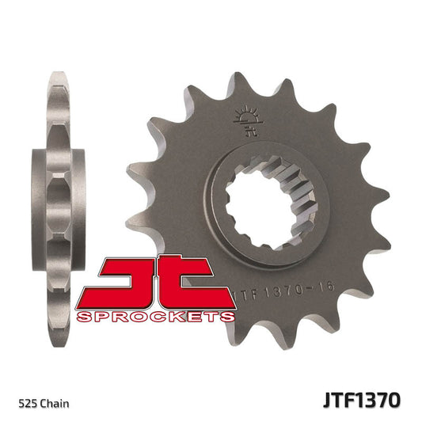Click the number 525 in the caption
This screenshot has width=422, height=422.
tap(24, 404)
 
